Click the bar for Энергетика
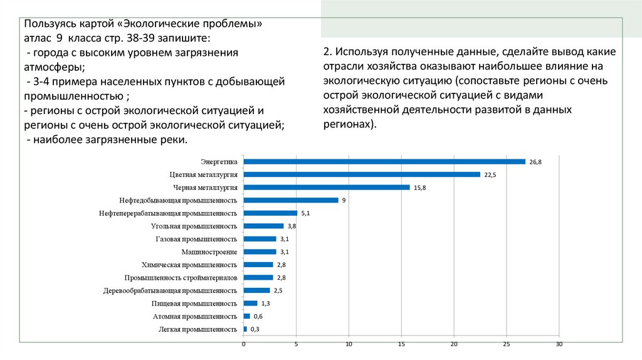[384, 161]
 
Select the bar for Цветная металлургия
[361, 174]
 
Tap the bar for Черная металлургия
[326, 187]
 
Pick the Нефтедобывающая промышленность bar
[290, 200]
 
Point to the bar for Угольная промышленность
[263, 226]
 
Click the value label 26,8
[535, 162]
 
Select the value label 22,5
[490, 175]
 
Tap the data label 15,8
[419, 188]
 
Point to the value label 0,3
[255, 329]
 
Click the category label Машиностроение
[209, 251]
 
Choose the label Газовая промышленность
[196, 239]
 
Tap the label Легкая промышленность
[197, 329]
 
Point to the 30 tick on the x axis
[559, 344]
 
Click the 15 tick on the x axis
[401, 344]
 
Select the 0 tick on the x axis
[243, 344]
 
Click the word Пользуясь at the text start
[50, 24]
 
